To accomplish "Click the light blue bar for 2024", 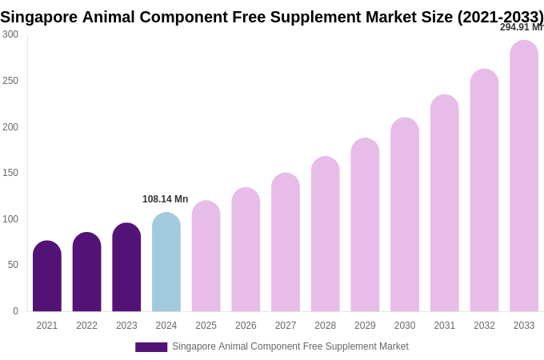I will coord(166,262).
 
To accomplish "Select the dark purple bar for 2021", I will coord(47,276).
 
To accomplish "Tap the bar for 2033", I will coord(524,176).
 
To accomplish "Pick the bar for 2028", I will coord(326,234).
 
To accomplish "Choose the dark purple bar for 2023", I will coord(126,267).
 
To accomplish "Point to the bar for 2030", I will coord(405,214).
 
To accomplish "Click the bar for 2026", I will coord(246,250).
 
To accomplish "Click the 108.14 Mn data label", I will coord(166,199).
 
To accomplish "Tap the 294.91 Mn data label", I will coord(521,27).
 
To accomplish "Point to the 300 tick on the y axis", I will coord(10,34).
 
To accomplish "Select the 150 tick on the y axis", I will coord(10,173).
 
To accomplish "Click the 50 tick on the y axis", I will coord(13,265).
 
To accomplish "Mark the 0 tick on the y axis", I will coord(15,311).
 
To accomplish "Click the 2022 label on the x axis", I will coord(86,326).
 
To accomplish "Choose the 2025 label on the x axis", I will coord(206,326).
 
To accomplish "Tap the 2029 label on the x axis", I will coord(365,326).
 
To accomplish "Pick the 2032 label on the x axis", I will coord(484,326).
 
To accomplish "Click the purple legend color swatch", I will coord(151,347).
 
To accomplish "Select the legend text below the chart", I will coord(290,346).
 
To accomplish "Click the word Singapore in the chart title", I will coord(39,17).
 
